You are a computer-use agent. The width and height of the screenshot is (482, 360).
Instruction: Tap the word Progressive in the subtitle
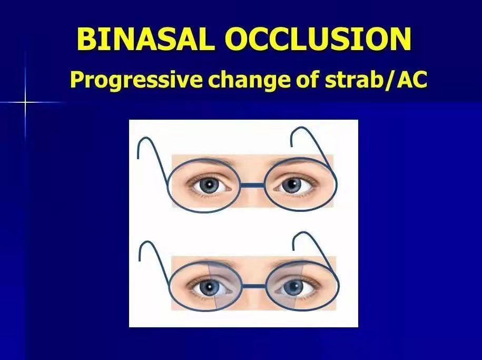[136, 80]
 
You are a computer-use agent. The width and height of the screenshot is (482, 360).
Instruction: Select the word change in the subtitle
[249, 80]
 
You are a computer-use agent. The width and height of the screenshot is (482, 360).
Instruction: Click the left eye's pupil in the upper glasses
[209, 185]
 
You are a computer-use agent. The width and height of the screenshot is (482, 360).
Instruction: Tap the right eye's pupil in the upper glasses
[292, 185]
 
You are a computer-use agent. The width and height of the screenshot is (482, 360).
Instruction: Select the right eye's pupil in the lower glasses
[293, 287]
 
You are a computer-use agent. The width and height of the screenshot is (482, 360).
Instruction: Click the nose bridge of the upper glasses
[252, 185]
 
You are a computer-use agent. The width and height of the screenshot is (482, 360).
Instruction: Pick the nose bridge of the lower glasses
[254, 286]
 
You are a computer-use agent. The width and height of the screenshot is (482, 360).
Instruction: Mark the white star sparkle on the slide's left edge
[25, 102]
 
